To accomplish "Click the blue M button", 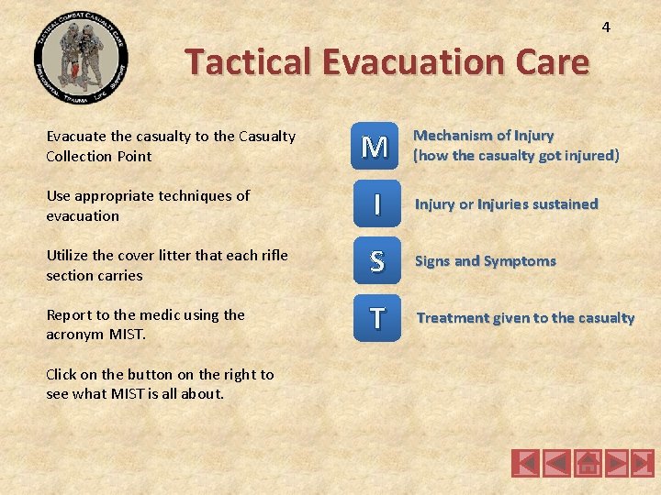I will (x=375, y=146).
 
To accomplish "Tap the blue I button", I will (x=375, y=203).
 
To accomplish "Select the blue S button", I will (x=375, y=261).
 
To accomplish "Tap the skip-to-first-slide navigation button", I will (x=526, y=463).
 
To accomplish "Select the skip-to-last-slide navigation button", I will (x=643, y=463).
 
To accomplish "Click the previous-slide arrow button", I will (x=555, y=463).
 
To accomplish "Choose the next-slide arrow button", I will (x=614, y=463).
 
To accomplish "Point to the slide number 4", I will (x=606, y=27).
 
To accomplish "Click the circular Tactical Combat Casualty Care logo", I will (x=81, y=57).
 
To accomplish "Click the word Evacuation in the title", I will (x=405, y=62).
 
